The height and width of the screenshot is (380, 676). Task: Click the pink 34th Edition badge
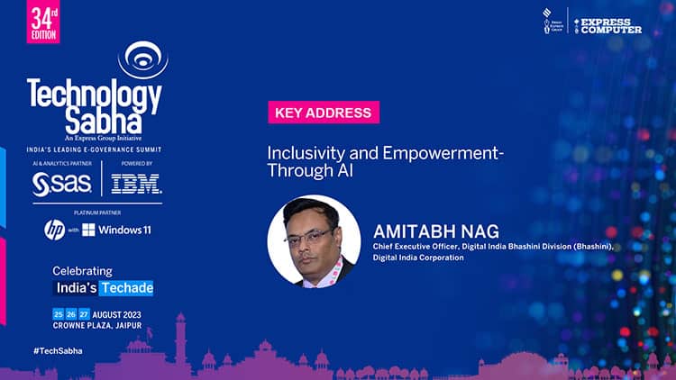43,22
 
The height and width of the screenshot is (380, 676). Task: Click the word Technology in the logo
94,95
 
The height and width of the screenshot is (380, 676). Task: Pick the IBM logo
136,184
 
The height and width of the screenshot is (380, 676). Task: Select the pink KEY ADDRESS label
323,113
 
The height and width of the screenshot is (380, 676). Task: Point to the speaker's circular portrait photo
314,241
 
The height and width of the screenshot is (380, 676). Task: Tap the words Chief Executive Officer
412,245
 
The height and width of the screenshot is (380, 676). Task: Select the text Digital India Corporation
418,258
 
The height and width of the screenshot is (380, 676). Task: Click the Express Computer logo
608,24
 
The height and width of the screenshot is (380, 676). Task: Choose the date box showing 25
58,313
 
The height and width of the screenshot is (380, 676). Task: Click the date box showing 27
84,313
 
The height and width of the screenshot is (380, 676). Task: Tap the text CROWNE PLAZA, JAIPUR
96,325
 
